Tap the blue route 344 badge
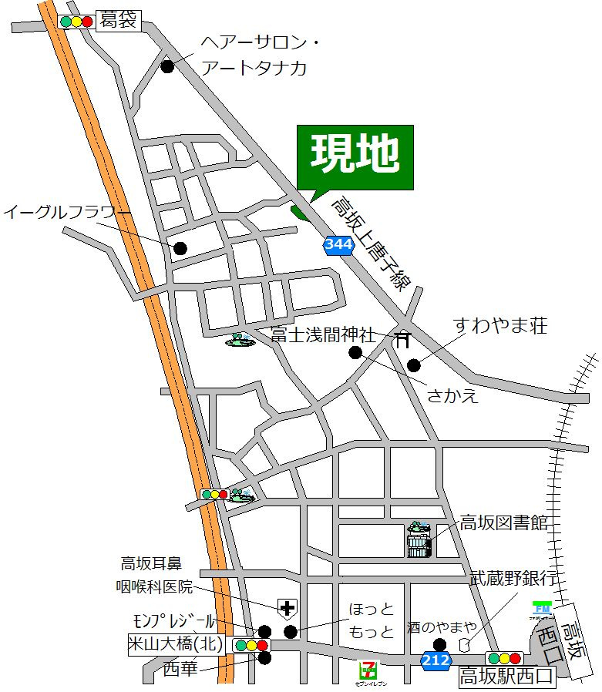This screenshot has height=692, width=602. click(338, 245)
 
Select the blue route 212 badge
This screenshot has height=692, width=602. click(436, 659)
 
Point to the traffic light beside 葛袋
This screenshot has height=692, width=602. click(76, 22)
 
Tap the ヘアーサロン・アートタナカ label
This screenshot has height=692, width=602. click(254, 55)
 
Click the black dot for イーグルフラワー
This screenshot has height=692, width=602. click(180, 248)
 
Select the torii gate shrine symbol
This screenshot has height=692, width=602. click(402, 340)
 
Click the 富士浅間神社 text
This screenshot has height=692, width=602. click(323, 335)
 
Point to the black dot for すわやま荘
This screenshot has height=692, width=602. click(415, 365)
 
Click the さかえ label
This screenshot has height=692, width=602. click(453, 395)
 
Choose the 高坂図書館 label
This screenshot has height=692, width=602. click(504, 523)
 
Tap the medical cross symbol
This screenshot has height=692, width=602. click(287, 610)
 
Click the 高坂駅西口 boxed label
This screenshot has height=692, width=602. click(506, 678)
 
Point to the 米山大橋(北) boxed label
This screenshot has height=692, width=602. click(177, 645)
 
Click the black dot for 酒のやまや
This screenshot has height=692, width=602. click(439, 645)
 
